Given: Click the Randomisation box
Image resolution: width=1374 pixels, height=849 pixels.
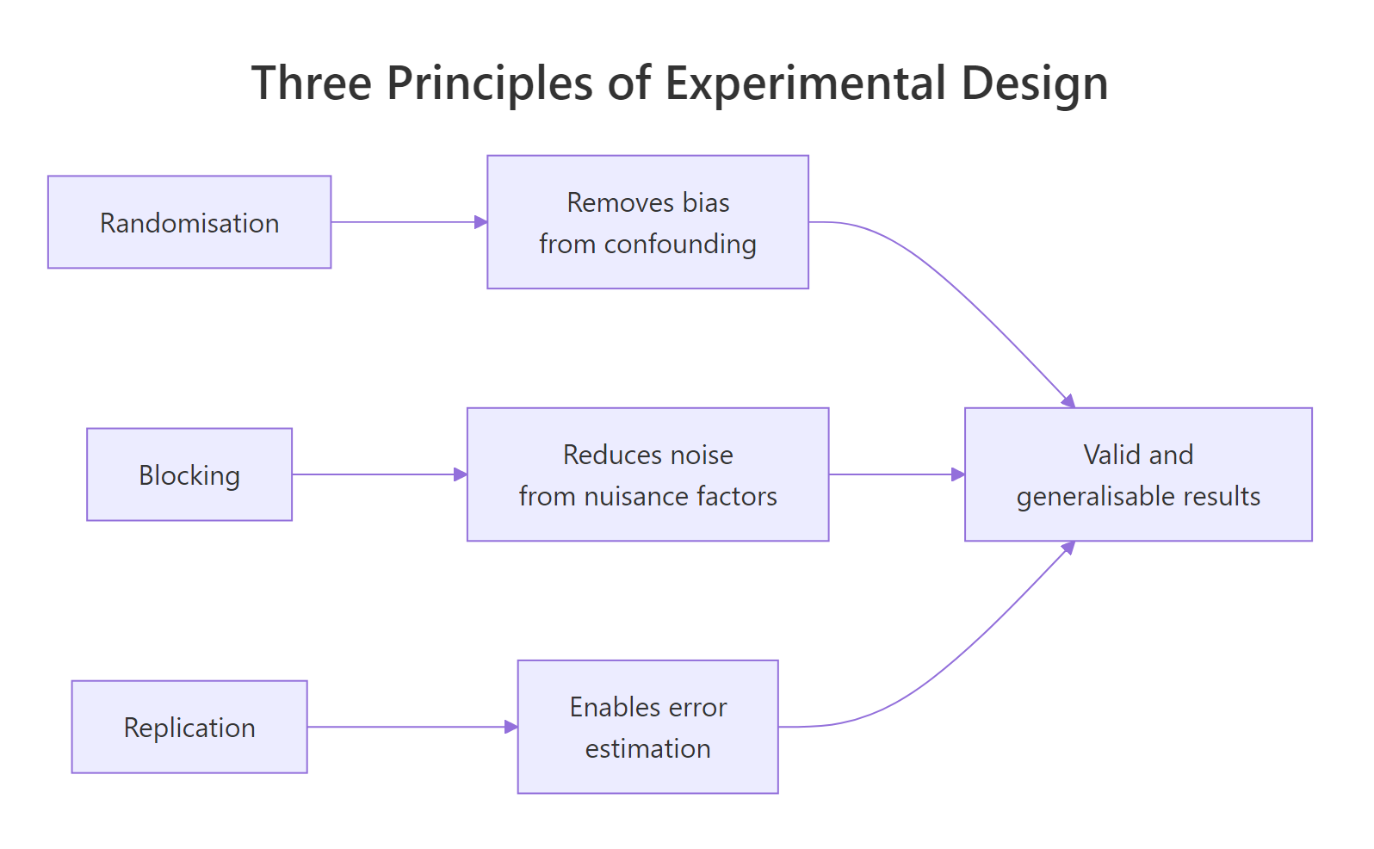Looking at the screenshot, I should click(189, 222).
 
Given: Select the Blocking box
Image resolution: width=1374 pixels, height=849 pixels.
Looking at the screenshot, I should click(189, 474).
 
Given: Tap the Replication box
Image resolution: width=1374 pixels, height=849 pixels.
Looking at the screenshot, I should click(189, 727).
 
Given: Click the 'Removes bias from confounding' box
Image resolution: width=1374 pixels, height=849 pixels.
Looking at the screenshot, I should click(647, 222).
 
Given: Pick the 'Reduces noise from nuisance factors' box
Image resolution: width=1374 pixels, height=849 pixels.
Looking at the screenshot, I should click(647, 474).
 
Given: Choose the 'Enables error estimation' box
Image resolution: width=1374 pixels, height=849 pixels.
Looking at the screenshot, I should click(647, 727).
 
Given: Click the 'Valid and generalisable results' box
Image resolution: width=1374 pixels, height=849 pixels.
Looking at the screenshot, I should click(1138, 474).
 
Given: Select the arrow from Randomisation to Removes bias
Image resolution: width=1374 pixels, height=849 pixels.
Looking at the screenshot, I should click(409, 222).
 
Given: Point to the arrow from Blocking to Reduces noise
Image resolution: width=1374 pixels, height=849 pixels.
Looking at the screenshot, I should click(379, 474).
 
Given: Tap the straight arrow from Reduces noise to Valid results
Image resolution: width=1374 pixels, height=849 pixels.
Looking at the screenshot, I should click(895, 474).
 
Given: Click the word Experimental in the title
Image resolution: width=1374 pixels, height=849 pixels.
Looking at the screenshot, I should click(806, 84).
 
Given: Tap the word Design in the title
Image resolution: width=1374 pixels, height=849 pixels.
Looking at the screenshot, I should click(1034, 84).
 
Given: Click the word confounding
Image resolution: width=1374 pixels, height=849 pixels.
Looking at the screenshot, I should click(680, 245).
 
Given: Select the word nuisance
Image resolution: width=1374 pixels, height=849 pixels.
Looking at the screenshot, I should click(636, 497).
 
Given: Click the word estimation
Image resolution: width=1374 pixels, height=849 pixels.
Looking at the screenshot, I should click(647, 749).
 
